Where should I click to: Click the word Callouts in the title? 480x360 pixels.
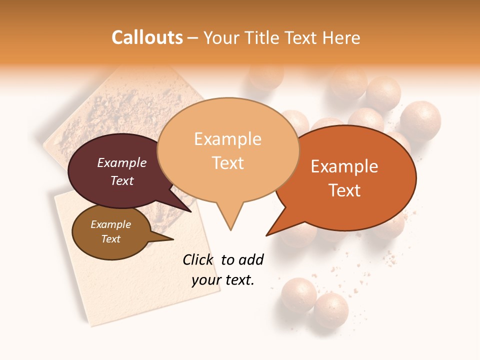click(147, 37)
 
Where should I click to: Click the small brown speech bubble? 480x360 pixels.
click(110, 232)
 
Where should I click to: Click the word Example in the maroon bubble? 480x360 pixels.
click(121, 162)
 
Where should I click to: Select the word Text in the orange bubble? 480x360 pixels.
click(345, 190)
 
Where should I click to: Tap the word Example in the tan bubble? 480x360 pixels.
click(227, 139)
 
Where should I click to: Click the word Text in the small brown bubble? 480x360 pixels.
click(110, 239)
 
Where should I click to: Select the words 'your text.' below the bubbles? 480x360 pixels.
click(223, 280)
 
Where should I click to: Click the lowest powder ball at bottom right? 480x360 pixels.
click(331, 310)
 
